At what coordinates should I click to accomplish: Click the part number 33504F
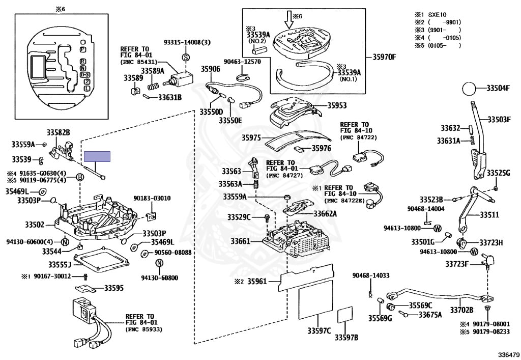(498, 88)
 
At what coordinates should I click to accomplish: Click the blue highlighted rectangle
(97, 157)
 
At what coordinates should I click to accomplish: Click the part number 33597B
(346, 337)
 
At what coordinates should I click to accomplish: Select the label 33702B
(461, 310)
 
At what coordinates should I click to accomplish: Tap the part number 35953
(336, 106)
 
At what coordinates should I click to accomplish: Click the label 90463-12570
(242, 62)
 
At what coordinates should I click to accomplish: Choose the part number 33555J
(59, 265)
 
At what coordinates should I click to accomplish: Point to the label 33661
(240, 241)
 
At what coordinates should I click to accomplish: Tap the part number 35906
(210, 68)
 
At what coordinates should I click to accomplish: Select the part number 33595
(113, 288)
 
